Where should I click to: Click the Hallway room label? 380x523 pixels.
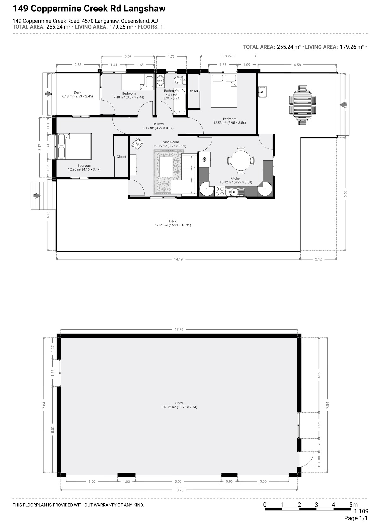point(158,124)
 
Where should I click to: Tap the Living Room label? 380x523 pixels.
point(170,142)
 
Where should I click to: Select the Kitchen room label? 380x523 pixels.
point(236,178)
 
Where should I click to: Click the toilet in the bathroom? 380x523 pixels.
point(180,80)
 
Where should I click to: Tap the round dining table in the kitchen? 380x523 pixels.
point(241,160)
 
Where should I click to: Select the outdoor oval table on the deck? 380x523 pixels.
point(303,105)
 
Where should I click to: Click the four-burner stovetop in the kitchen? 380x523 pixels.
point(219,191)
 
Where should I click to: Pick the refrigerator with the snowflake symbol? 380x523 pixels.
point(205,160)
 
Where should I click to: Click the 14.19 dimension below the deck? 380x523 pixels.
point(178,259)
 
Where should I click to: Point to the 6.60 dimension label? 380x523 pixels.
point(345,194)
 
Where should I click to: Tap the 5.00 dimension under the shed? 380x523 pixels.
point(178,481)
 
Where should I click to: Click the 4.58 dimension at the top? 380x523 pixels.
point(297,65)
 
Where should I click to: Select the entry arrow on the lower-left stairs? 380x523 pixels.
point(37,196)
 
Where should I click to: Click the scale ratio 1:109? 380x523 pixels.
point(361,512)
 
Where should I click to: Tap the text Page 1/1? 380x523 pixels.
point(356,518)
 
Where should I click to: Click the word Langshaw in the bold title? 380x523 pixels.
point(144,9)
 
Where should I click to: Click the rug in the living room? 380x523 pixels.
point(168,172)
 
